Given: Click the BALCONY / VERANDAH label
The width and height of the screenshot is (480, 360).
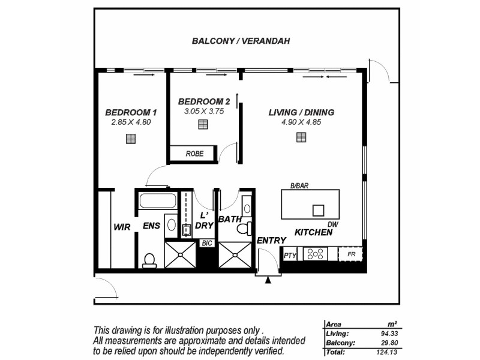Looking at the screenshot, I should pos(241,41).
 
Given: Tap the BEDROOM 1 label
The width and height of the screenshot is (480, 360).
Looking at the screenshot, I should pos(131,112).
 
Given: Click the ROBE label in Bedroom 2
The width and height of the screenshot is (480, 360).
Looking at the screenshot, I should pos(194,154).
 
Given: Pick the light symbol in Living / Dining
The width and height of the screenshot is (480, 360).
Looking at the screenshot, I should pos(301,137).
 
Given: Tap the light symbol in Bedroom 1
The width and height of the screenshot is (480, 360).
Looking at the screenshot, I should pos(131,139).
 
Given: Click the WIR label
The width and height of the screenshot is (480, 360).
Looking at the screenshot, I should pos(122,227).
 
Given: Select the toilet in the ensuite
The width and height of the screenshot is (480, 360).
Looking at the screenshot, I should pos(149,260).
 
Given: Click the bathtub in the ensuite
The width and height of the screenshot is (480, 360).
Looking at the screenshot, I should pos(157,200).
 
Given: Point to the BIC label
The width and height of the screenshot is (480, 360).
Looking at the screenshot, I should pos(207,244).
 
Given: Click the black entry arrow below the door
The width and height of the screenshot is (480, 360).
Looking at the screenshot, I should pos(268,279).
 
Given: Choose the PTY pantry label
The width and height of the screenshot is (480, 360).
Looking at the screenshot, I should pos(289,256).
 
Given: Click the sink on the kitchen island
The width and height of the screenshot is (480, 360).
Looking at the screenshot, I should pos(317,210).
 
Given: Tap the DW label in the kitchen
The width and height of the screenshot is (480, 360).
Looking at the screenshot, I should pos(334,224).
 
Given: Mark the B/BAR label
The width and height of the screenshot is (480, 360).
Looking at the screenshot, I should pos(299,186).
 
